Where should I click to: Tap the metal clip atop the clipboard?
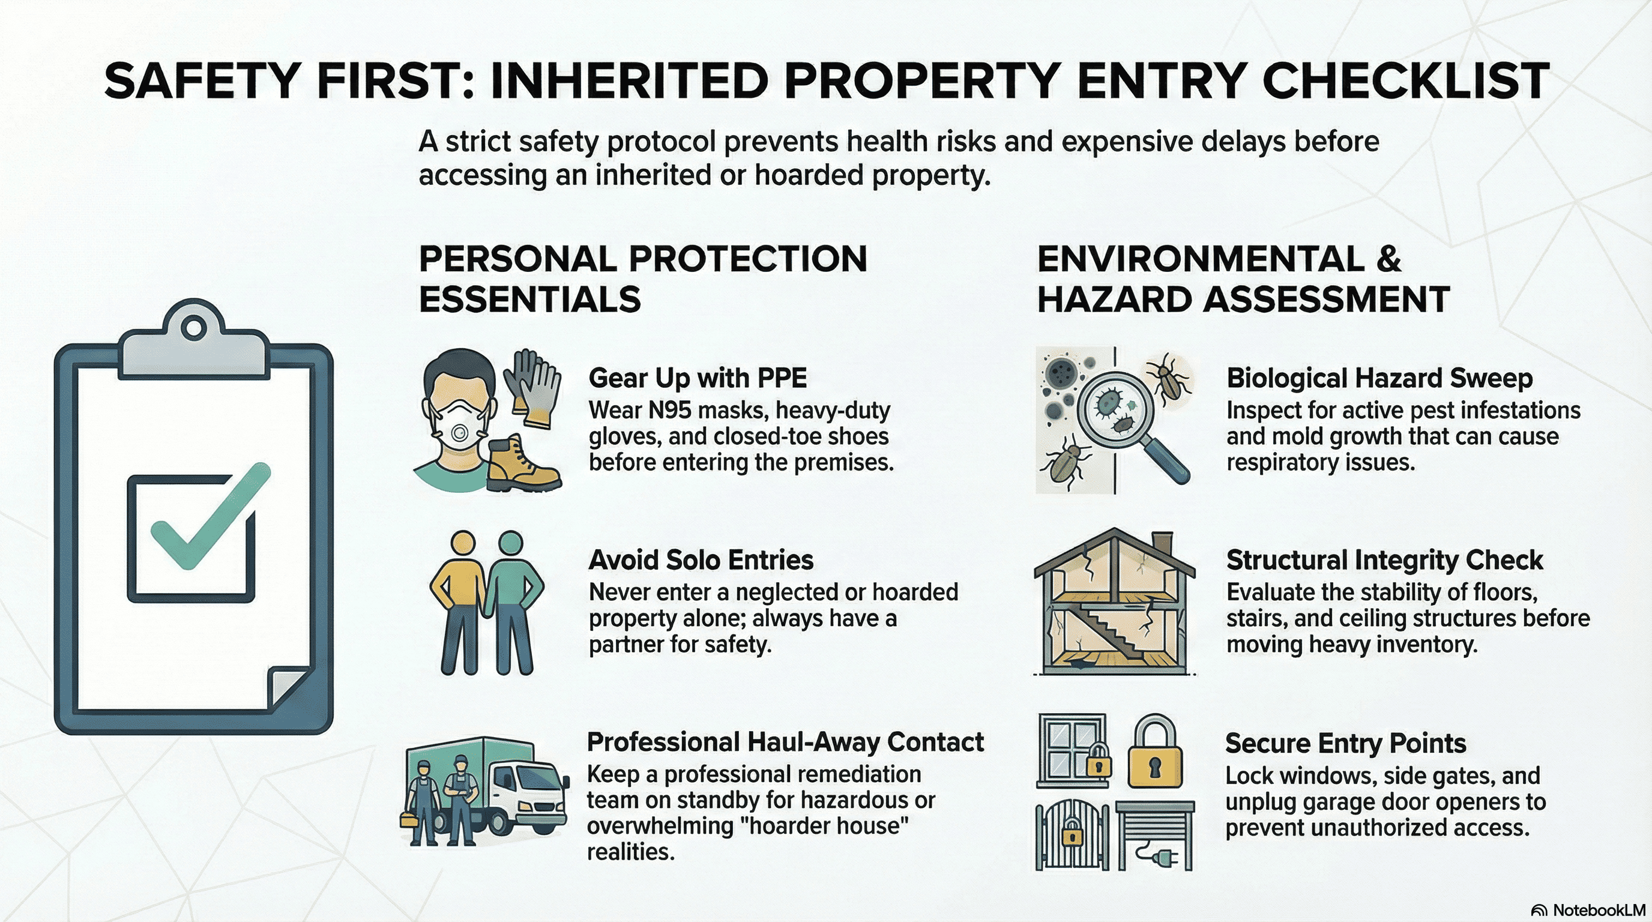pyautogui.click(x=193, y=340)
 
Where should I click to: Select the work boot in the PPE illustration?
pyautogui.click(x=523, y=464)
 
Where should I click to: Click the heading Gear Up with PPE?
pyautogui.click(x=698, y=378)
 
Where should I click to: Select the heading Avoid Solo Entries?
pyautogui.click(x=701, y=559)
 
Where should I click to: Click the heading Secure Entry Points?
pyautogui.click(x=1345, y=743)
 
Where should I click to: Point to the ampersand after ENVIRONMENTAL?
pyautogui.click(x=1388, y=259)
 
